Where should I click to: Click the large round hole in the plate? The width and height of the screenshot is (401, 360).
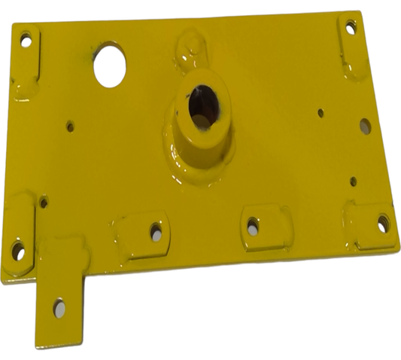click(110, 65)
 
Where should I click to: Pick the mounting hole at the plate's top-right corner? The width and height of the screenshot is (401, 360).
click(350, 29)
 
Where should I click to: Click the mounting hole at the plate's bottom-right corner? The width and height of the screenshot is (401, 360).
click(383, 223)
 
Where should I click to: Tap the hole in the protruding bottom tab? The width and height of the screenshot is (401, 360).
click(59, 308)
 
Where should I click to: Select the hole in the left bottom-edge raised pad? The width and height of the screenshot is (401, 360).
click(156, 230)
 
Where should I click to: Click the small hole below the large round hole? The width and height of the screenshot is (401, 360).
click(71, 127)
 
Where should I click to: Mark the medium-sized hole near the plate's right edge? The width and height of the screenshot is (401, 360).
click(365, 126)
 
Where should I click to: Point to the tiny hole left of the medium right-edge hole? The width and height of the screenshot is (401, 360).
click(320, 113)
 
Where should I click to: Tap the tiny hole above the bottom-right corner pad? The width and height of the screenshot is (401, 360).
click(353, 181)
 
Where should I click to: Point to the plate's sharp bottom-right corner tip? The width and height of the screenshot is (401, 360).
click(398, 252)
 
